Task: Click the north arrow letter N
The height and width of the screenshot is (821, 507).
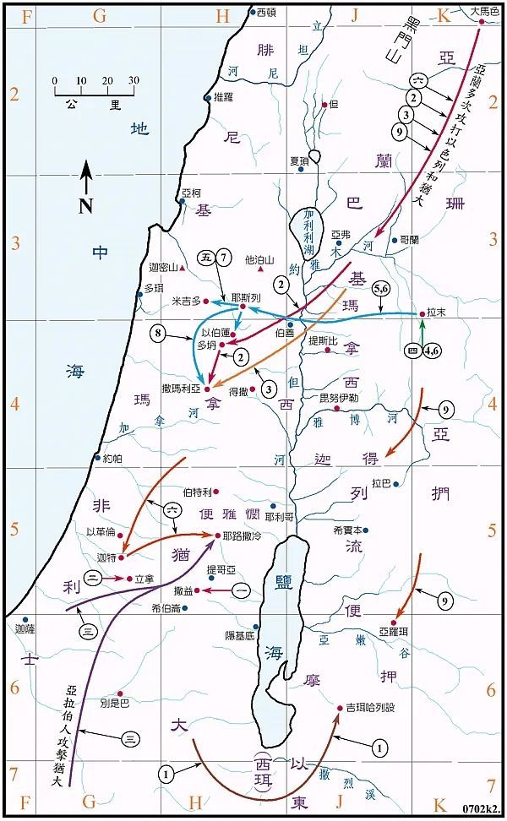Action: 85,205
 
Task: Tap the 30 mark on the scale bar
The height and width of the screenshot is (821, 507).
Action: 133,80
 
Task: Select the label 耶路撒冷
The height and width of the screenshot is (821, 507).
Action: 243,536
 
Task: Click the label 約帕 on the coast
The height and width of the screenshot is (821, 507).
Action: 112,459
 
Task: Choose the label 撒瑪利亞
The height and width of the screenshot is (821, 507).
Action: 183,389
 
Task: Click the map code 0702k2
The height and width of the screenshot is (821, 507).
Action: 482,810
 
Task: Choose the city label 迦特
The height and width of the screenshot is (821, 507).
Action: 106,558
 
